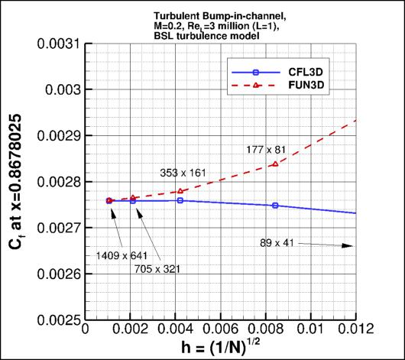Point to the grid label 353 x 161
click(x=184, y=174)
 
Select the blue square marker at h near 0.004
click(x=180, y=200)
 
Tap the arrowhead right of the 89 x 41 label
click(x=350, y=245)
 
